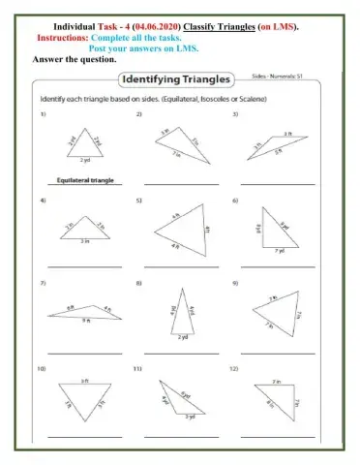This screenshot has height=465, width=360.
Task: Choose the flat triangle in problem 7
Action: point(84,313)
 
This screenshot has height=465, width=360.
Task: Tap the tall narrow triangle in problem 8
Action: point(181,314)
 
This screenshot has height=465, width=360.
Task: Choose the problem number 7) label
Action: point(43,283)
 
